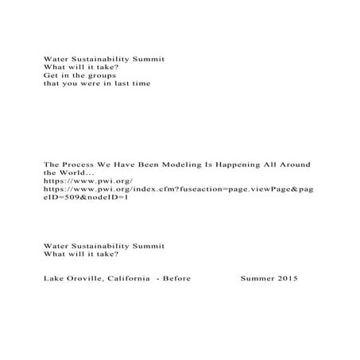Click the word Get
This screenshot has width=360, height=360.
click(x=49, y=75)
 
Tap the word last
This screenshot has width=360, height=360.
click(x=122, y=83)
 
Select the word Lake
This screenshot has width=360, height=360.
click(x=53, y=279)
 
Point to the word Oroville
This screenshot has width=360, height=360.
click(x=87, y=279)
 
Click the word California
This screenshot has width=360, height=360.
click(x=130, y=279)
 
